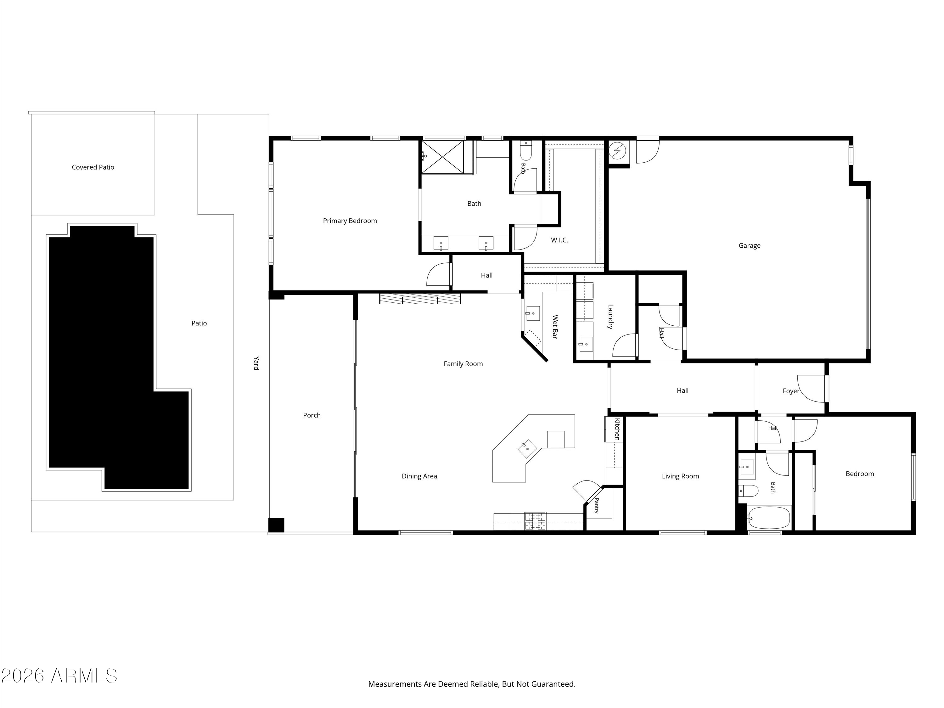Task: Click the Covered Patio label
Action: coord(93,167)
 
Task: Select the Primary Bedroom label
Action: coord(350,221)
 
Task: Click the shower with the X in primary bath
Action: coord(442,157)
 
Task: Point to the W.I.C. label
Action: coord(559,240)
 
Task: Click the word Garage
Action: coord(750,245)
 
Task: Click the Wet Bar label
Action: coord(555,327)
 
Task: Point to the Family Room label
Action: coord(463,364)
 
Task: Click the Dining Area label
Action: coord(419,476)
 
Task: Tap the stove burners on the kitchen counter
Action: coord(535,521)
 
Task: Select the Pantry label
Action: coord(597,506)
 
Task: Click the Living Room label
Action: coord(680,476)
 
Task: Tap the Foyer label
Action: coord(791,391)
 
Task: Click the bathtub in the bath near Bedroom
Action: coord(768,518)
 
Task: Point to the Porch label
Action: coord(312,415)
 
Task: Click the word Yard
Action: coord(256,363)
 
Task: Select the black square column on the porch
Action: coord(276,525)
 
